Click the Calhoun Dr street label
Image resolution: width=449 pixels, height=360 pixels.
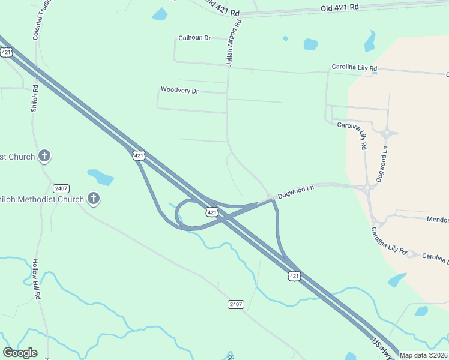coord(194,38)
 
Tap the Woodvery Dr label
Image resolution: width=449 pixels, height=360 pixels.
coord(179,90)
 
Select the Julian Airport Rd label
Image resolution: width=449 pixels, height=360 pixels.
coord(233,43)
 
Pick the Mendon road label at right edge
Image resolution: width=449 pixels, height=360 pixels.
coord(438,220)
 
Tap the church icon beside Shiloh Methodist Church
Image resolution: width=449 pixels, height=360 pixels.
coord(93,198)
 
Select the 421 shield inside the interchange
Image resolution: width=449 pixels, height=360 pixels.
coord(212,212)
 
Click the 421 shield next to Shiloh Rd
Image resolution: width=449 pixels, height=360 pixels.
coord(7,52)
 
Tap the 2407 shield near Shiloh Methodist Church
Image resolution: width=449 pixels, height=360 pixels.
coord(61,188)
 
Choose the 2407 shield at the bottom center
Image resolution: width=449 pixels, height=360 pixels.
coord(236,304)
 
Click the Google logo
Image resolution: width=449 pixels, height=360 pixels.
coord(20,353)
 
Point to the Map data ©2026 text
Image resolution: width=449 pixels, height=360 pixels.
coord(423,355)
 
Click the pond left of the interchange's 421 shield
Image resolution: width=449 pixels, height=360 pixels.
coord(100,177)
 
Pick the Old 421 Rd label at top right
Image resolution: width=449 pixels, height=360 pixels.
coord(340,7)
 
